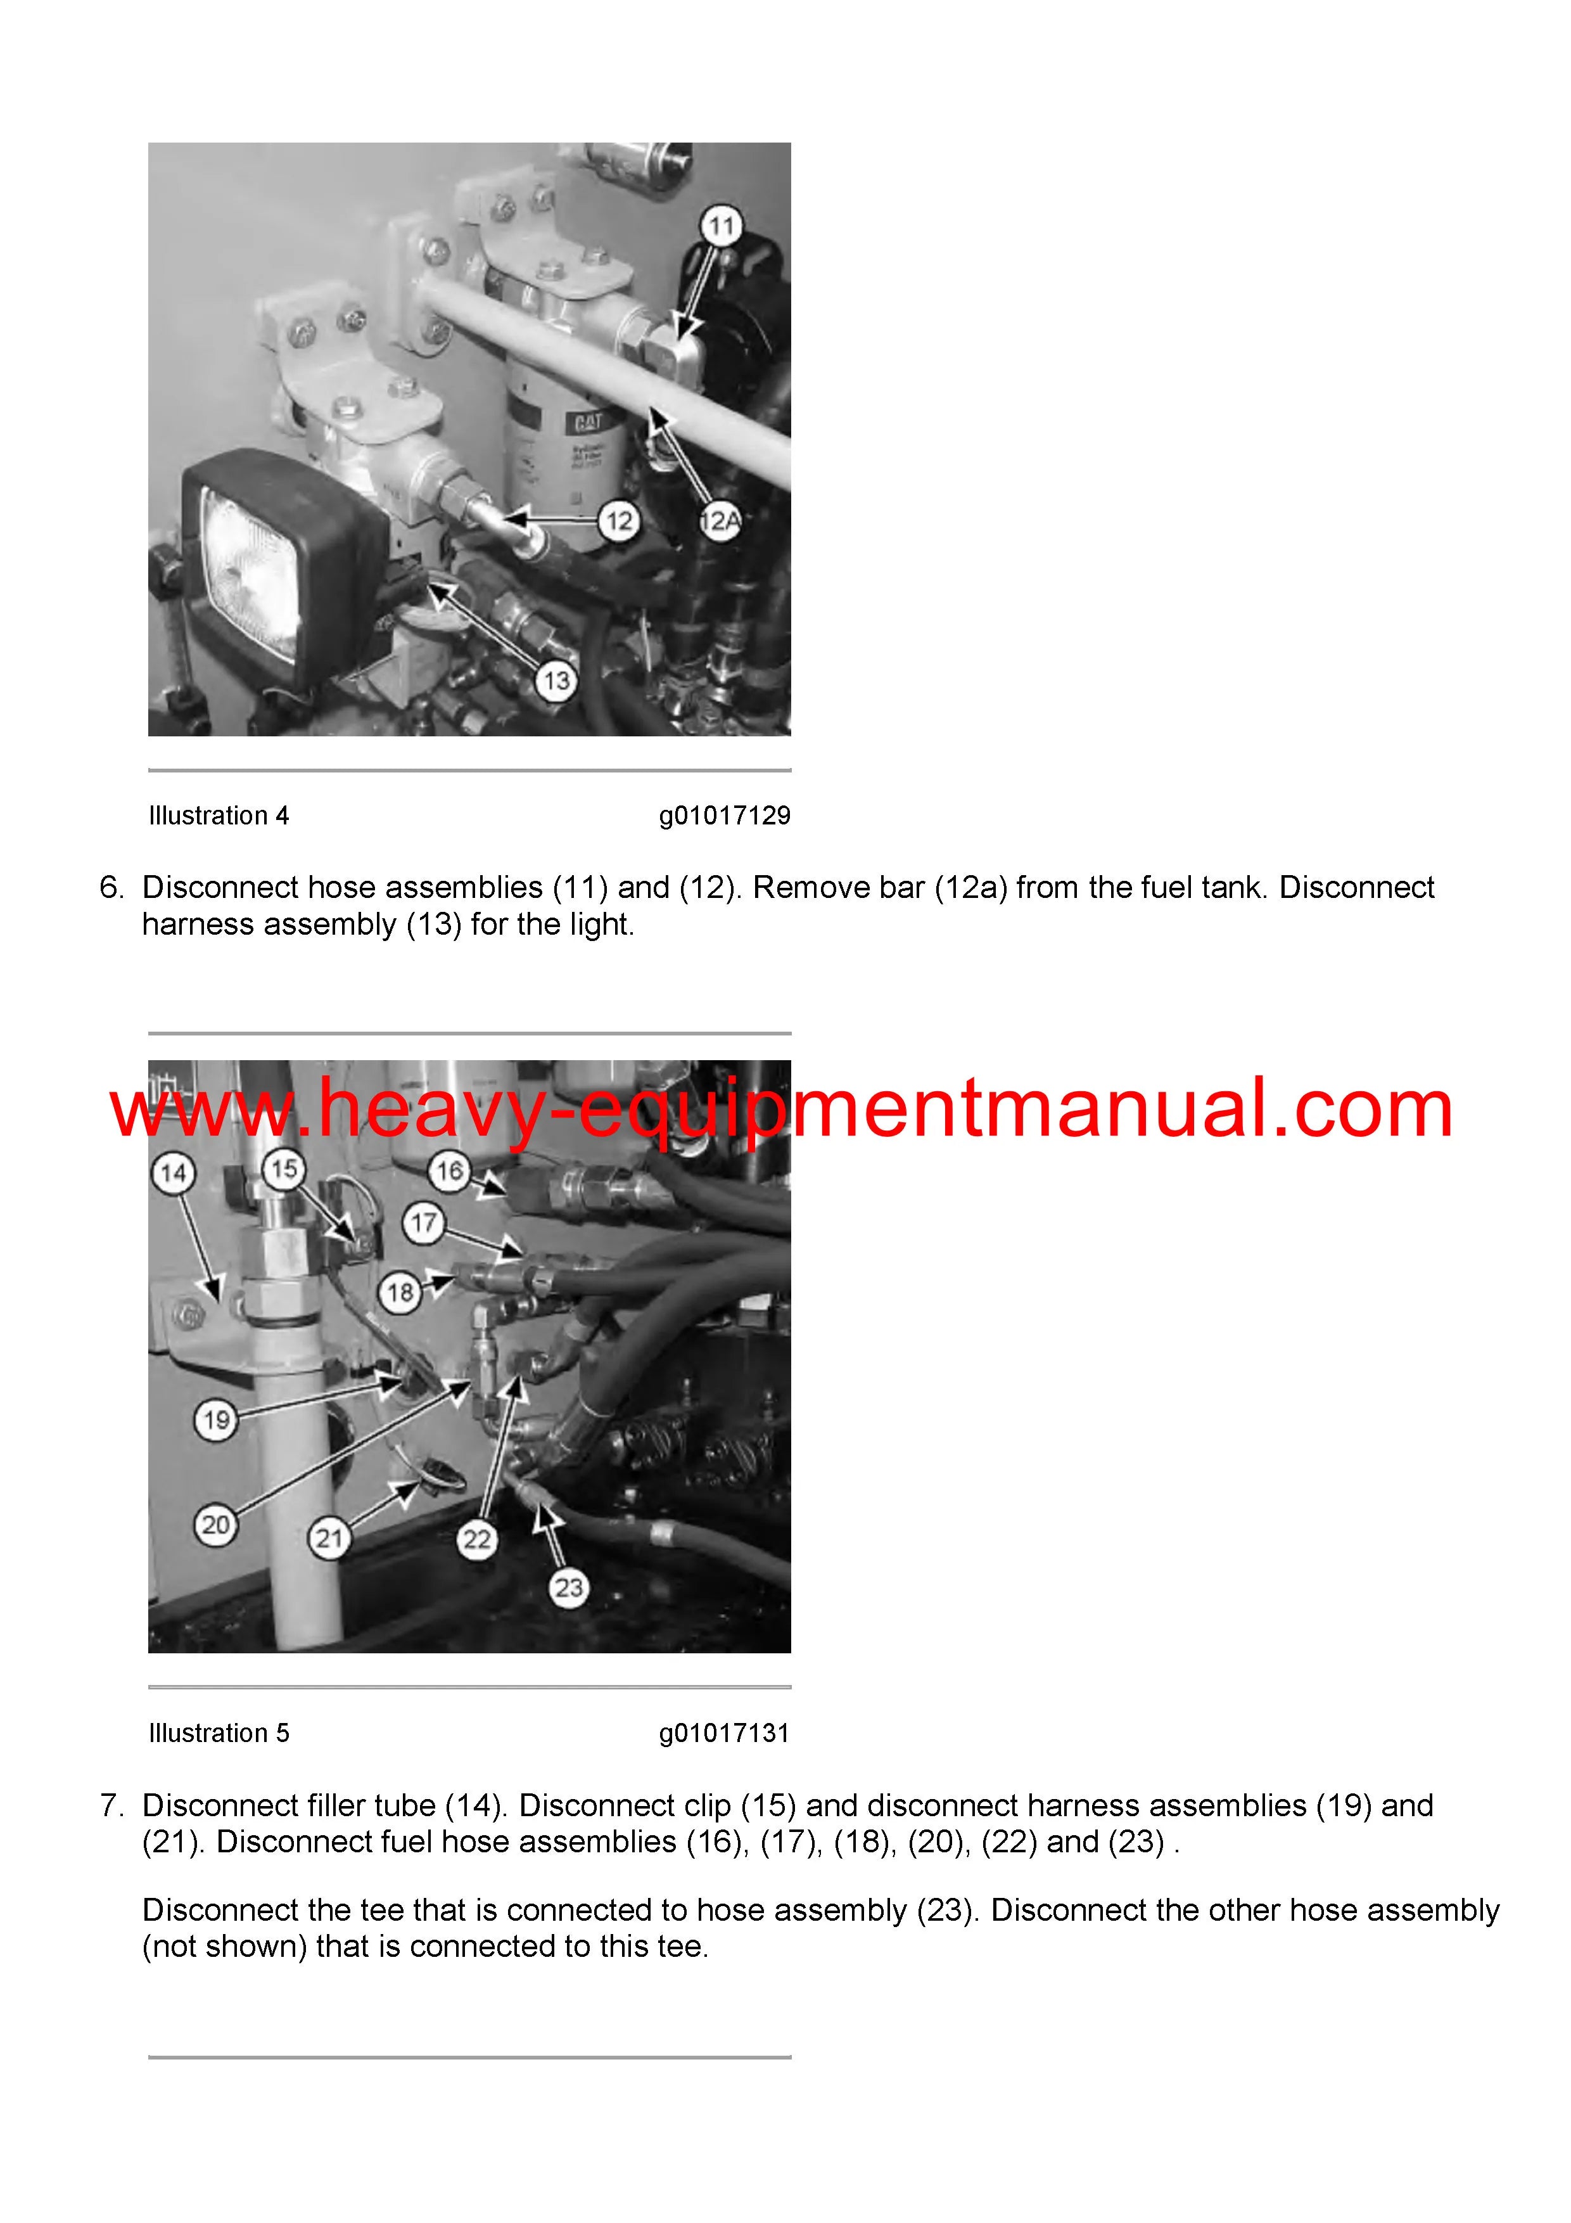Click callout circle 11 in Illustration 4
(x=721, y=227)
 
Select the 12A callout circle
(x=719, y=523)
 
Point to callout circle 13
(x=557, y=681)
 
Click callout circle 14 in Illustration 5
(x=174, y=1174)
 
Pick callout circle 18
(x=400, y=1293)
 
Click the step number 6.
(x=112, y=887)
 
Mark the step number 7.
(x=112, y=1805)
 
